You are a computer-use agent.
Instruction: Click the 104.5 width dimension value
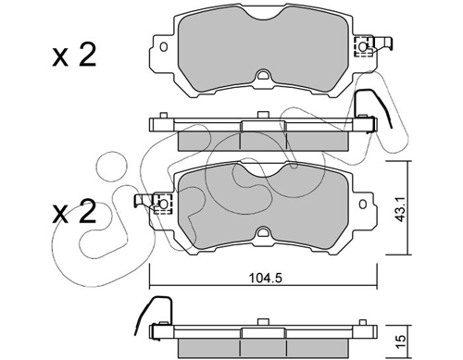click(x=266, y=279)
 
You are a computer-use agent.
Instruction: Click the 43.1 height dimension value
click(x=401, y=208)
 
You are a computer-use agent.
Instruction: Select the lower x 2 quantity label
click(x=74, y=211)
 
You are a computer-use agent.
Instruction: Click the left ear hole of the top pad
click(x=164, y=47)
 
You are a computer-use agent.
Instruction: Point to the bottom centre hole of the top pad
click(x=263, y=75)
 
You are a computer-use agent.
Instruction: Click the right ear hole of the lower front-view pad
click(x=363, y=205)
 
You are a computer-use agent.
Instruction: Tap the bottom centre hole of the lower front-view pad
click(x=263, y=232)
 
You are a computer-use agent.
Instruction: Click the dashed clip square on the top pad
click(x=363, y=47)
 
